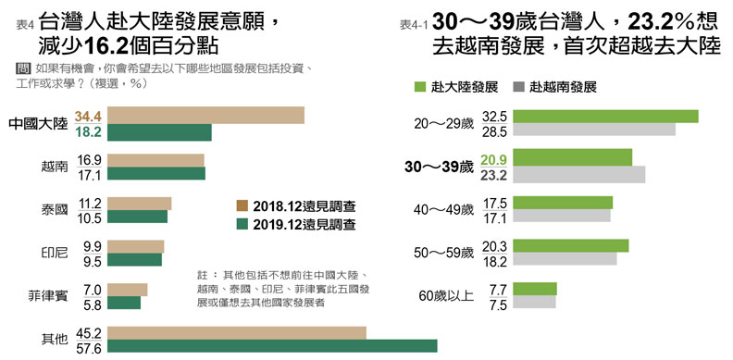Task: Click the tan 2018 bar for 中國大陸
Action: click(x=205, y=115)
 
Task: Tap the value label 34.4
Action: click(x=87, y=116)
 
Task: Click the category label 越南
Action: click(x=55, y=167)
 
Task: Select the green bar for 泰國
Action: click(x=137, y=217)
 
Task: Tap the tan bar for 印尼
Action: click(x=136, y=246)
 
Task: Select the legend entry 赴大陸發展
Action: click(x=455, y=87)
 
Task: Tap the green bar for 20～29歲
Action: click(x=604, y=117)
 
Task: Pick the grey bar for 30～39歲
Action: click(x=578, y=174)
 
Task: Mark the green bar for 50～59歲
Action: click(x=569, y=246)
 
